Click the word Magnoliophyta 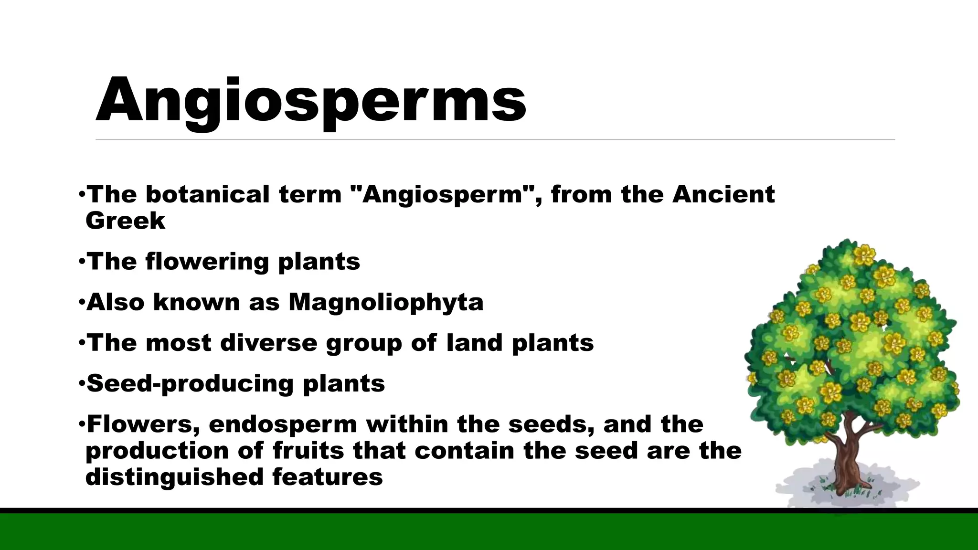click(386, 302)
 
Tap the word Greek click(125, 221)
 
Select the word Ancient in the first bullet click(723, 194)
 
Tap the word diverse click(268, 343)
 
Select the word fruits click(308, 451)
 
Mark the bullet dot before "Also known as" click(82, 302)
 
